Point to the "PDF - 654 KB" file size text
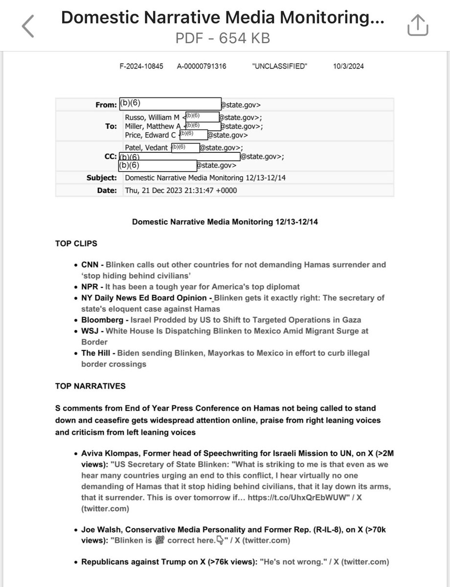point(223,38)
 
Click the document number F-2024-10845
point(141,67)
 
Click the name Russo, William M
point(152,117)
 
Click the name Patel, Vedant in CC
point(146,148)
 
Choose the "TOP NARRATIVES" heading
point(90,386)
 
